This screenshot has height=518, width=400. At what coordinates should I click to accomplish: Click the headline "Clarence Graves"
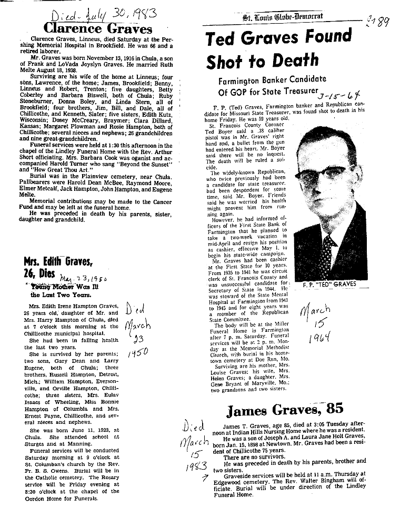point(98,28)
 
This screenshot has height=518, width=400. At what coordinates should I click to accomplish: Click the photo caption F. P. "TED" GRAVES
point(329,285)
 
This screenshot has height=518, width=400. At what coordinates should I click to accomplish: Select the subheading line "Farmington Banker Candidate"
point(272,80)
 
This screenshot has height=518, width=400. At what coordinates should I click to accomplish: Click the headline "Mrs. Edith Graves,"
point(58,261)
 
